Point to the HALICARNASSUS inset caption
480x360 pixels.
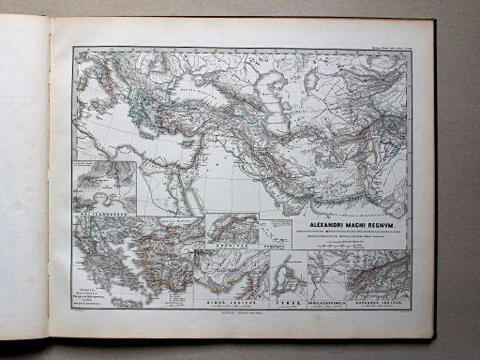(x=100, y=214)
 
